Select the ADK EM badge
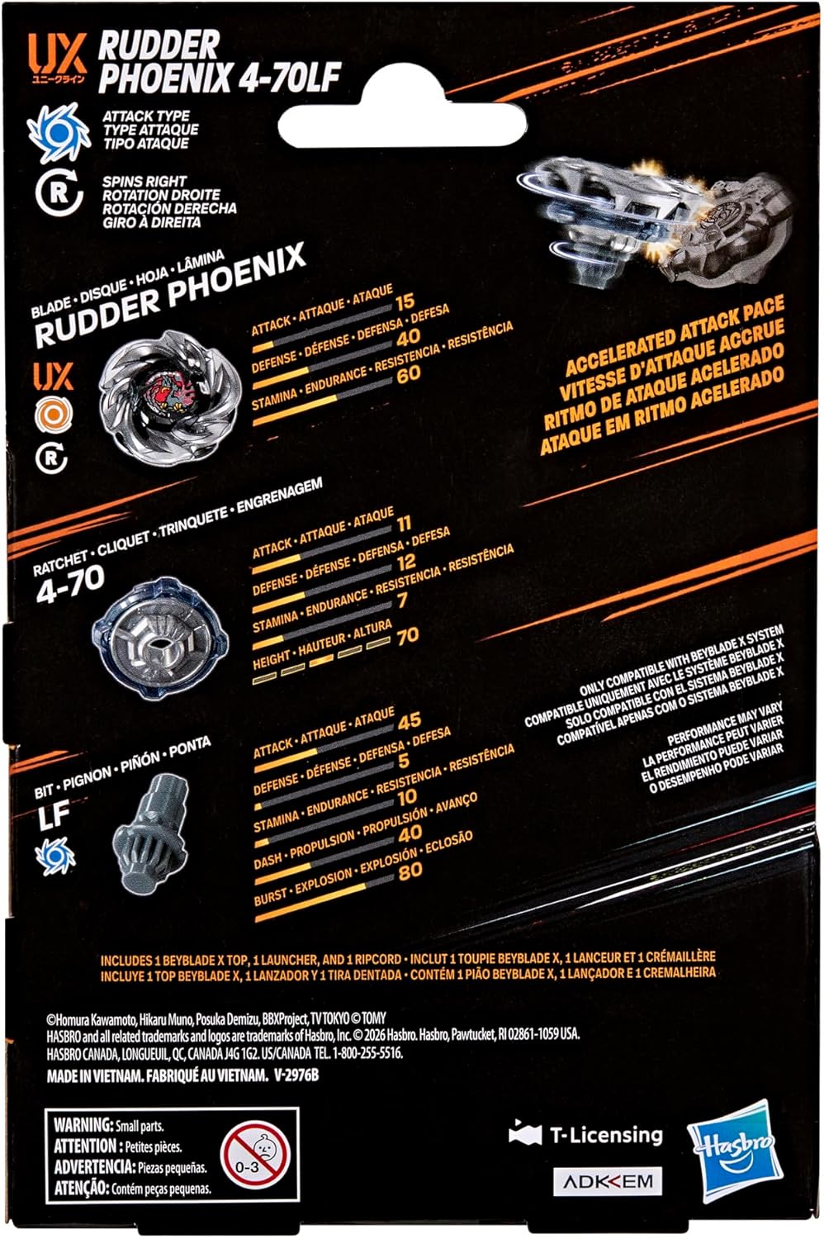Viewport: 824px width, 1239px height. [608, 1181]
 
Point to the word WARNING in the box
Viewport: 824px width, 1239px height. [83, 1125]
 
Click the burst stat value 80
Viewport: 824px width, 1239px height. [410, 870]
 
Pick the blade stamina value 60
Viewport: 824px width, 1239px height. [408, 373]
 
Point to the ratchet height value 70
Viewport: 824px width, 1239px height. [407, 636]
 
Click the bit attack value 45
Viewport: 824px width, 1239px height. [409, 721]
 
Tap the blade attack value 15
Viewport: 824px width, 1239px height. [405, 301]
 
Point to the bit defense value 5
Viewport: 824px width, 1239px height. [404, 760]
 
